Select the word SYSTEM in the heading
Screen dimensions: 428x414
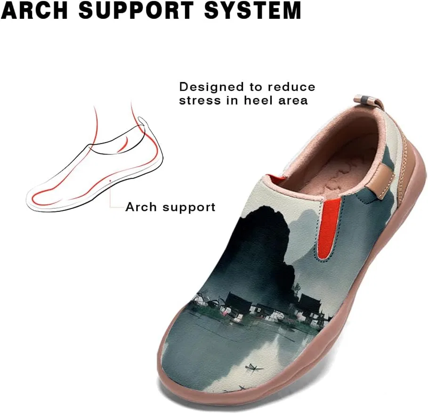[x=253, y=11]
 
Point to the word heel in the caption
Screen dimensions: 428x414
[x=258, y=100]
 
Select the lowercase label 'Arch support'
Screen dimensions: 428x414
[x=170, y=207]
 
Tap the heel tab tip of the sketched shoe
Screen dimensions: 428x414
[x=140, y=118]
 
